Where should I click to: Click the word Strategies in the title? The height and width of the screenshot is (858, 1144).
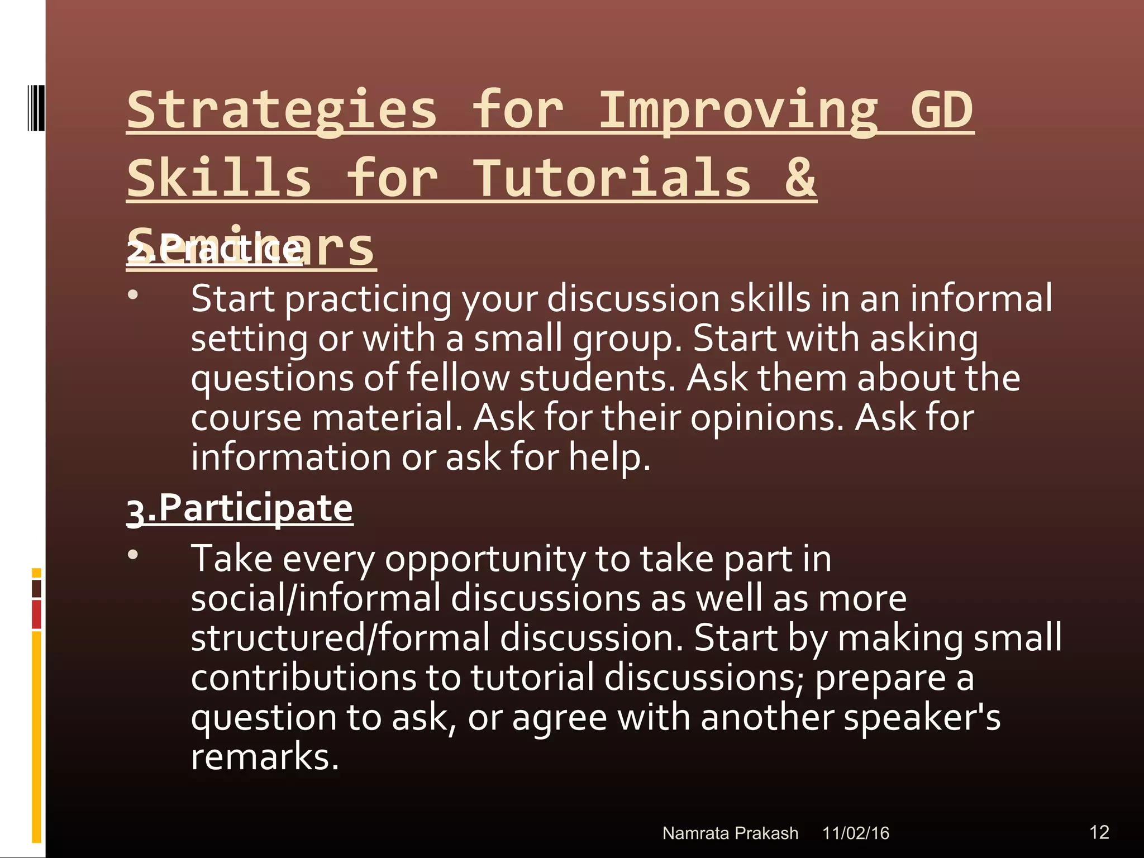(x=282, y=110)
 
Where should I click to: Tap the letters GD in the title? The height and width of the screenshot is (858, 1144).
(x=942, y=110)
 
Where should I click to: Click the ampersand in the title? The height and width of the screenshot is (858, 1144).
(x=800, y=178)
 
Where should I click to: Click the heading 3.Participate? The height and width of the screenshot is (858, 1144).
(x=240, y=508)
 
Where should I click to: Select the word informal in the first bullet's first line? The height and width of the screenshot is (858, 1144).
(x=981, y=298)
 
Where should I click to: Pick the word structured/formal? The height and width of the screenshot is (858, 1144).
(x=340, y=638)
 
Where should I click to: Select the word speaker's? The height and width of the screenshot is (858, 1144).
(x=922, y=717)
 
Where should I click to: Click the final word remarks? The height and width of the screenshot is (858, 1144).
(x=265, y=757)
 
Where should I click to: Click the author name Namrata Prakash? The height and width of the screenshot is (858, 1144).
(x=730, y=833)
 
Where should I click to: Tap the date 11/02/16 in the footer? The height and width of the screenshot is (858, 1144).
(x=855, y=833)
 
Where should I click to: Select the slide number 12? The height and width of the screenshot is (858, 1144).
(x=1099, y=832)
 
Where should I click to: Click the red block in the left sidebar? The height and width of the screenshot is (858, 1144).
(x=36, y=614)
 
